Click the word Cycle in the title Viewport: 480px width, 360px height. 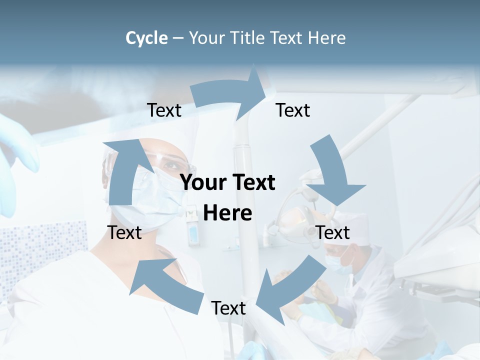pos(146,38)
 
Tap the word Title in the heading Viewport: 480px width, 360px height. pos(247,38)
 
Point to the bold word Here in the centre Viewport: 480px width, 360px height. pos(227,212)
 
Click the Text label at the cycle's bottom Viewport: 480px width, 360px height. pos(228,308)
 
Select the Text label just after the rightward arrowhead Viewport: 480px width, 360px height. pos(293,110)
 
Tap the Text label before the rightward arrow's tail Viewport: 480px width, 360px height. pos(164,110)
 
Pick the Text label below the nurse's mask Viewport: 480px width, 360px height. pos(124,232)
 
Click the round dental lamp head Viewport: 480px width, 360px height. pos(295,220)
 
